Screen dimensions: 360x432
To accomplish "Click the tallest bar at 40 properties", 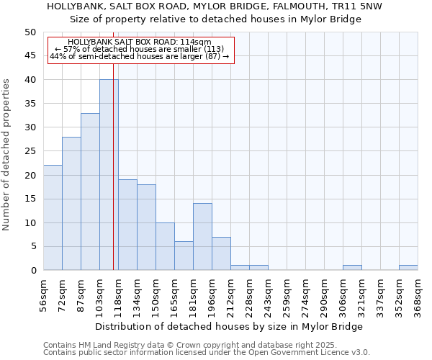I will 108,175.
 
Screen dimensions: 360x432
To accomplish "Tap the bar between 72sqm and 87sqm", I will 71,203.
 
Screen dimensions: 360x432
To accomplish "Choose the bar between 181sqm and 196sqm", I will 202,237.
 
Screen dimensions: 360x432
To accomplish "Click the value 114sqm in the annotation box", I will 195,42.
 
